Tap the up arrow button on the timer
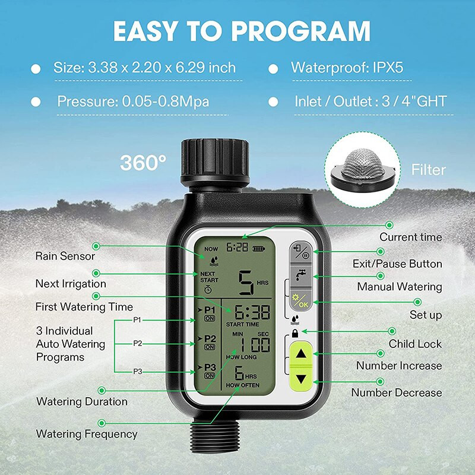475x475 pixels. (x=302, y=353)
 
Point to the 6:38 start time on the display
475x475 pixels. (x=251, y=312)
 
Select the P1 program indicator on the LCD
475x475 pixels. (x=208, y=312)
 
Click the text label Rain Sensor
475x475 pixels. (x=65, y=256)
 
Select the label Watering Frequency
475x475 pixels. (x=87, y=434)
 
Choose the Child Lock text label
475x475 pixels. (x=415, y=344)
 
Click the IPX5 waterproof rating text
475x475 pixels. (x=380, y=68)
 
